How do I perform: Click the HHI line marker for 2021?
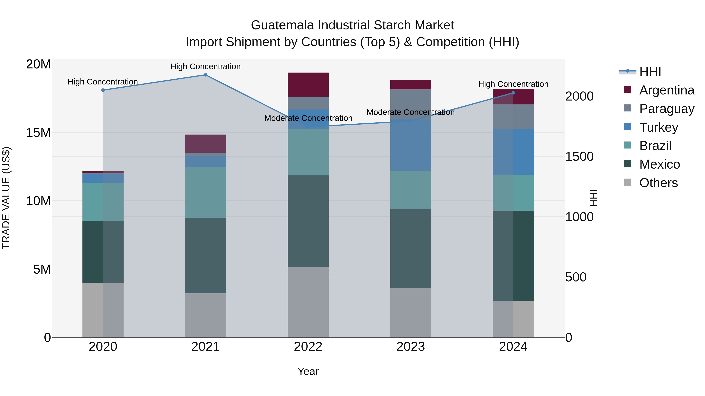206,75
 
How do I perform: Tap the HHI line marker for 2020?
103,90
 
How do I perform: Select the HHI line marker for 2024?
513,93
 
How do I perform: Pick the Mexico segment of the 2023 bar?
410,249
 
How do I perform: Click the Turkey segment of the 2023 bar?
410,145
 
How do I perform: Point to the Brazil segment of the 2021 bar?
206,192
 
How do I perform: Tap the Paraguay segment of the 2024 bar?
513,117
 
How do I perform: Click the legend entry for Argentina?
666,90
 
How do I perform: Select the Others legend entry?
658,183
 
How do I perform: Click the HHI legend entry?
650,72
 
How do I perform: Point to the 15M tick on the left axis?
38,133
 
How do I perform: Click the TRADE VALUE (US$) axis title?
6,198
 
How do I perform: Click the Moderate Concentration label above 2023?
410,112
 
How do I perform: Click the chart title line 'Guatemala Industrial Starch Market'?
352,25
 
